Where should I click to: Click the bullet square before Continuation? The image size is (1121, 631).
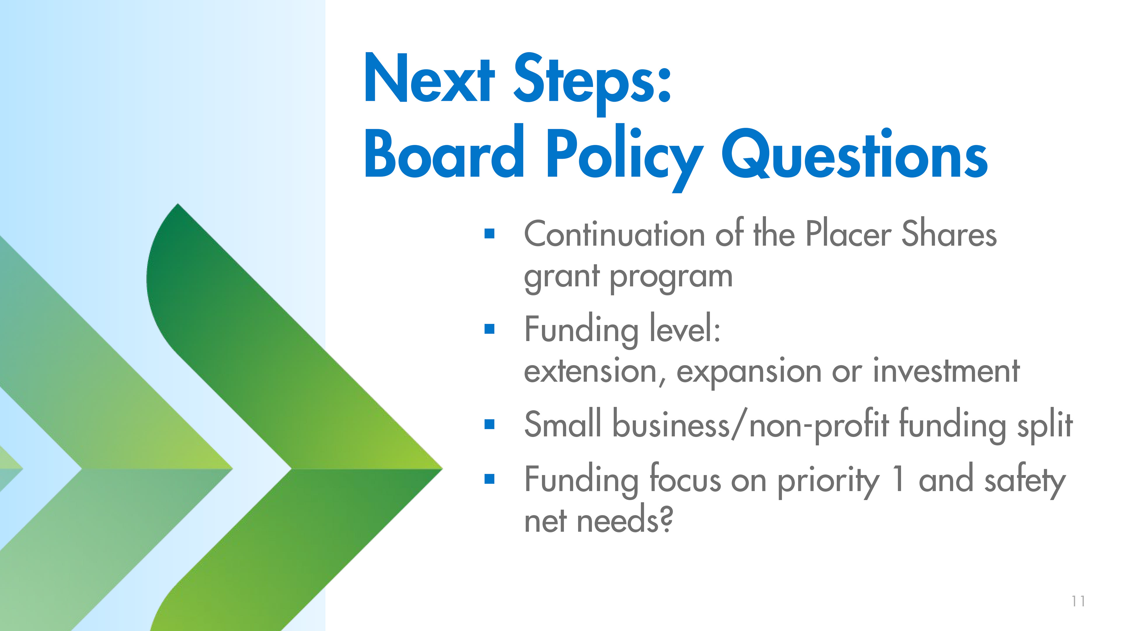(x=490, y=234)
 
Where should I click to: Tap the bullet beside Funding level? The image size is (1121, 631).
(x=490, y=328)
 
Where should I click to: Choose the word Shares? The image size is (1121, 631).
(x=949, y=233)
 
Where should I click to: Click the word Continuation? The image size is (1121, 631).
(x=615, y=233)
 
